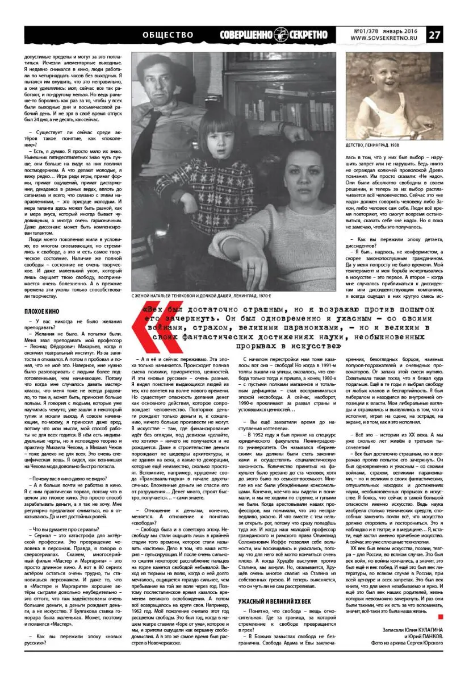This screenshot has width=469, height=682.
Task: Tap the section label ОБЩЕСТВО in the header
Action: coord(167,35)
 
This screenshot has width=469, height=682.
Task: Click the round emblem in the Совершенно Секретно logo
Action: coord(280,35)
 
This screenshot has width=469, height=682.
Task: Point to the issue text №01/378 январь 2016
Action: coord(384,31)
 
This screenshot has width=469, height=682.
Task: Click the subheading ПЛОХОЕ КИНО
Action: coord(41,311)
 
